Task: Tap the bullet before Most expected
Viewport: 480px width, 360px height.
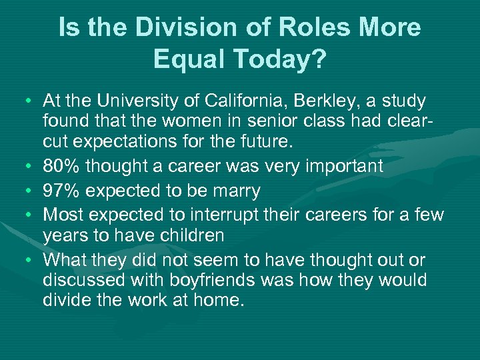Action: pyautogui.click(x=31, y=215)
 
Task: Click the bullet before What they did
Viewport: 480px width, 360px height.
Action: pyautogui.click(x=31, y=260)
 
